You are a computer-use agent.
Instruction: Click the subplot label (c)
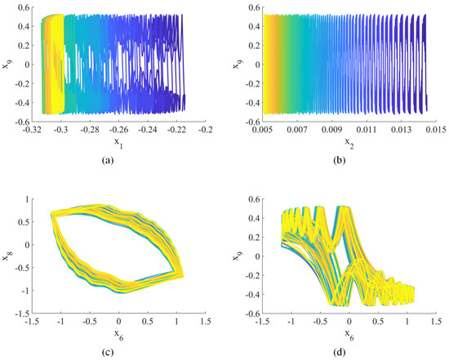114,351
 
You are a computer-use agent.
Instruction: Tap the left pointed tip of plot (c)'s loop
51,214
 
